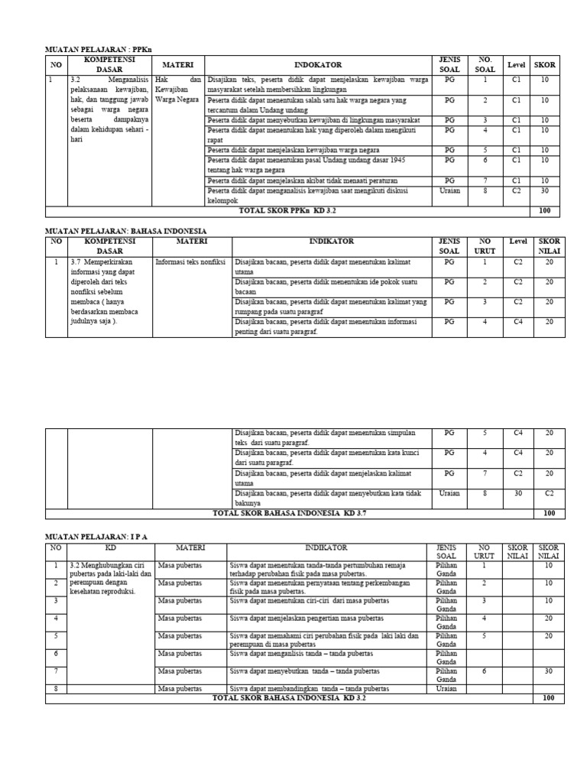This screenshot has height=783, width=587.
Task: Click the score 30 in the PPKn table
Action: [x=545, y=191]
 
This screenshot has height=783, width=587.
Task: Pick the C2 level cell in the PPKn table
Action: [x=517, y=191]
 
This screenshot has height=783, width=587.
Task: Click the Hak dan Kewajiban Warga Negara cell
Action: [x=177, y=89]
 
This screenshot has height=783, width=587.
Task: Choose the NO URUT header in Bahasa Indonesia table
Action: [x=483, y=245]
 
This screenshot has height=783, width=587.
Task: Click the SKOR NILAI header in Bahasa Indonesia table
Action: [x=549, y=245]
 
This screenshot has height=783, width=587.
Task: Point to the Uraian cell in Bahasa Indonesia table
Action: [x=449, y=494]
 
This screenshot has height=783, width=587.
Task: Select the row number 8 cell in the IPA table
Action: [x=56, y=689]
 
